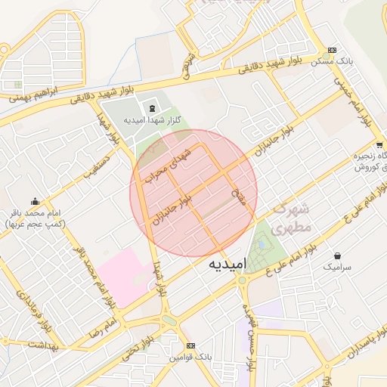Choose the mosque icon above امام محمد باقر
pos(35,202)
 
